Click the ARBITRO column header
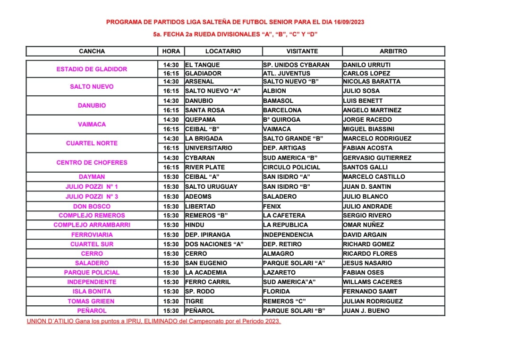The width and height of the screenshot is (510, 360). (393, 51)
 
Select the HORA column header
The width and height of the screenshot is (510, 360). (171, 51)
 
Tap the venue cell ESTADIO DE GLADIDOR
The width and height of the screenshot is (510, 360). (92, 69)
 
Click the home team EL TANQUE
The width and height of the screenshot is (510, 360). (202, 65)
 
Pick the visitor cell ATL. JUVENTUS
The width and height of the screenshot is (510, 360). (287, 73)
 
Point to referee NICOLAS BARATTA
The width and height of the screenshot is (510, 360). (371, 81)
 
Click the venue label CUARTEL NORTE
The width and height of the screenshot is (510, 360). (92, 143)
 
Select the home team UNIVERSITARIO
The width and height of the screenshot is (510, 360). (208, 148)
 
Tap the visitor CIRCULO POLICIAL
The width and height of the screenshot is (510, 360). (291, 167)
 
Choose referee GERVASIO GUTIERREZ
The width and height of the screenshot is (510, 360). (377, 158)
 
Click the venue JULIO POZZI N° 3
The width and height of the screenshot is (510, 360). (92, 196)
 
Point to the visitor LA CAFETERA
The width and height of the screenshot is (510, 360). (284, 215)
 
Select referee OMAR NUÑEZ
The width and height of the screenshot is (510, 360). (363, 225)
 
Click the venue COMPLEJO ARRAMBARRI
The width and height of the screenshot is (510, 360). (92, 225)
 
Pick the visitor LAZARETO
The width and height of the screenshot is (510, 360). (279, 272)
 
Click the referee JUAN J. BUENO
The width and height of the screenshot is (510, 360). (366, 310)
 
